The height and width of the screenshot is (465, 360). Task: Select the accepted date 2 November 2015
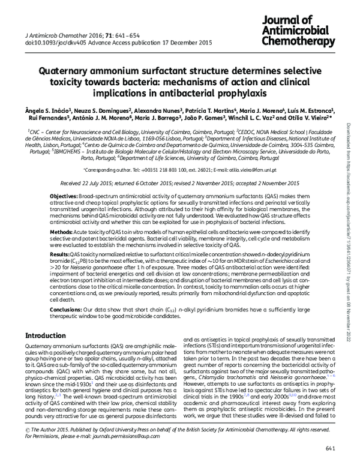(273, 184)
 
